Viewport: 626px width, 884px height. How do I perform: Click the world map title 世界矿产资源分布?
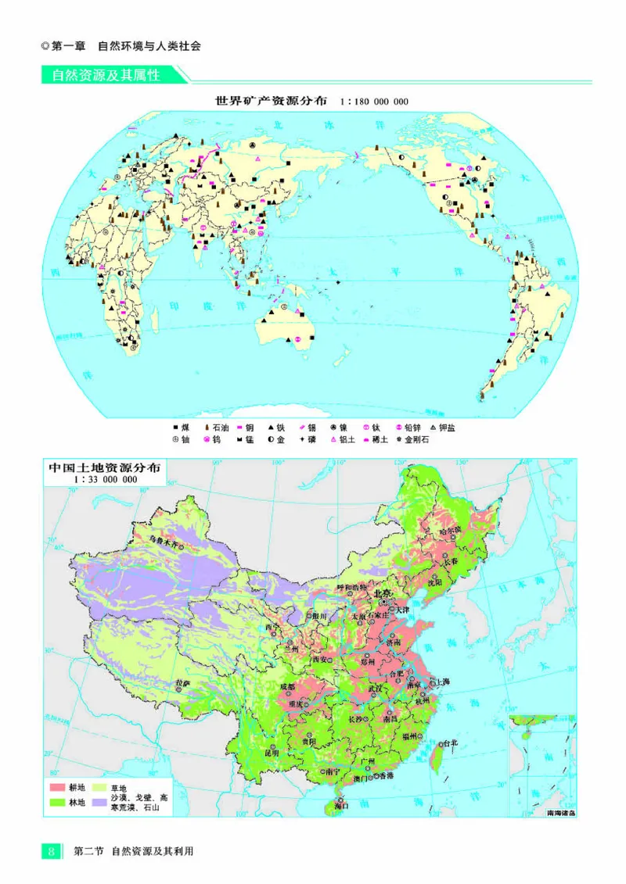[271, 102]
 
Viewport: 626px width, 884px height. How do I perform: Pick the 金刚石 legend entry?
[412, 440]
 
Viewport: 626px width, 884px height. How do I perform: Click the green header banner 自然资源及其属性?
[106, 76]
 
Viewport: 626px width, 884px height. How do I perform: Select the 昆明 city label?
[272, 753]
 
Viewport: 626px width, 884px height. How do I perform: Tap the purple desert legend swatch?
[100, 802]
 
